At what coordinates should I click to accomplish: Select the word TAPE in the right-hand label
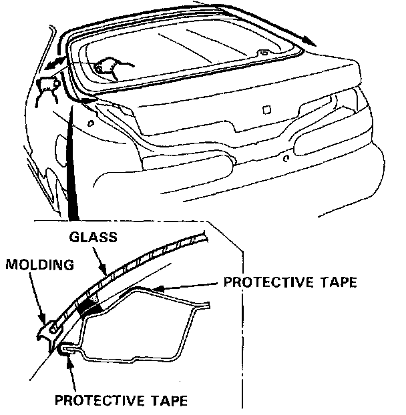coord(333,282)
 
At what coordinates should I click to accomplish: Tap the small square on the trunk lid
coord(266,110)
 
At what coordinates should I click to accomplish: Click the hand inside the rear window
coord(107,65)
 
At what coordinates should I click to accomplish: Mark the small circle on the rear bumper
coord(285,159)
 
